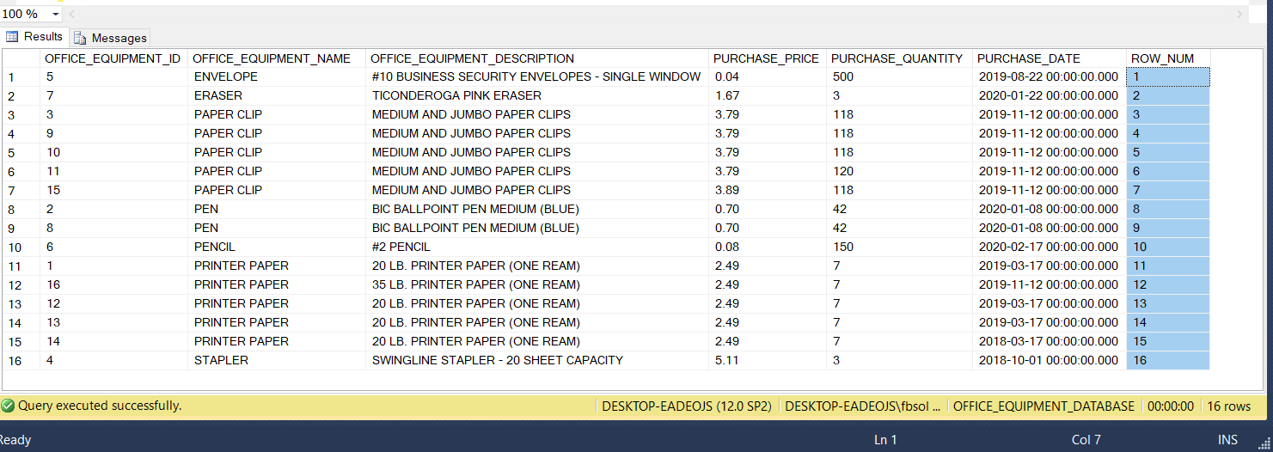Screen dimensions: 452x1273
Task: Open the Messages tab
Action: point(111,38)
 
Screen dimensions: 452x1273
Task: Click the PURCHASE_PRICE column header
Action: point(766,58)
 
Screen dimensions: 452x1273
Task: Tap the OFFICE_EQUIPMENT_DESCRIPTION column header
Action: point(473,58)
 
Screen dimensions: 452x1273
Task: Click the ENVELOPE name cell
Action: point(226,76)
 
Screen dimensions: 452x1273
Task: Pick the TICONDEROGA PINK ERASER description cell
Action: point(456,95)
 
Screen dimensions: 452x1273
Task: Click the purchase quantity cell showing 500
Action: point(843,76)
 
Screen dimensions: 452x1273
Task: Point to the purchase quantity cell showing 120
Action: point(843,171)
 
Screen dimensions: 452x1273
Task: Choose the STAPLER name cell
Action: point(221,360)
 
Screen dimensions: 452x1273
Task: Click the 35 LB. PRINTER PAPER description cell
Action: point(475,284)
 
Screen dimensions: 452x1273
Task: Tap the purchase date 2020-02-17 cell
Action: point(1049,247)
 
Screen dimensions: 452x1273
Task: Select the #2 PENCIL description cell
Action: point(401,247)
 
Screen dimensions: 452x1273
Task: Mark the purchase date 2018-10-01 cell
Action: point(1049,360)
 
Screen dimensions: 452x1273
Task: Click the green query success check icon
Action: point(9,406)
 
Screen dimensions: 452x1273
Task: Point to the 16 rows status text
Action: point(1229,406)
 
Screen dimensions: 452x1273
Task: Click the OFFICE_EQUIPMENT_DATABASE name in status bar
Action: point(1043,406)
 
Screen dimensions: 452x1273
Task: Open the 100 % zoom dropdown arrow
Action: point(56,15)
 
